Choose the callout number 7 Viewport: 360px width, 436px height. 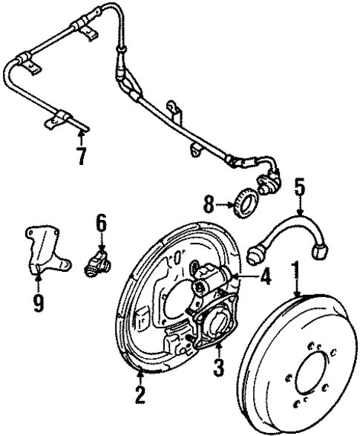(81, 157)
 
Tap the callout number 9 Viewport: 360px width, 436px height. (37, 302)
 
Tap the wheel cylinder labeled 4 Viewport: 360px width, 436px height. (211, 280)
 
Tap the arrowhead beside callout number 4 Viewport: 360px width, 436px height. (237, 278)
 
